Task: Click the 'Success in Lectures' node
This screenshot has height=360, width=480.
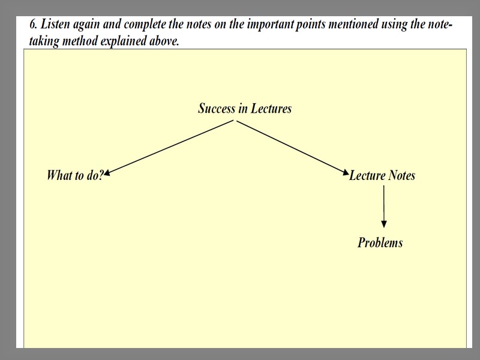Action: click(245, 109)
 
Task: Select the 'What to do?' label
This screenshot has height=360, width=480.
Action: click(75, 175)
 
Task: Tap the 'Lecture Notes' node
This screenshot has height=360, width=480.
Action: click(382, 175)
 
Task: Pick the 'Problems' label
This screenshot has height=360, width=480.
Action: click(380, 242)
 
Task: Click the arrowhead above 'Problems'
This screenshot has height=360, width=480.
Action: click(384, 224)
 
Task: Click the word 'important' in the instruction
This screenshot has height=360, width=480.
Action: click(268, 25)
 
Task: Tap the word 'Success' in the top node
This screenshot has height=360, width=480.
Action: click(217, 109)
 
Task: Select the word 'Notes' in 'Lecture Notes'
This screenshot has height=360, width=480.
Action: click(401, 175)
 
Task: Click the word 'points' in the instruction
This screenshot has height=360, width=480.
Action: click(310, 25)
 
